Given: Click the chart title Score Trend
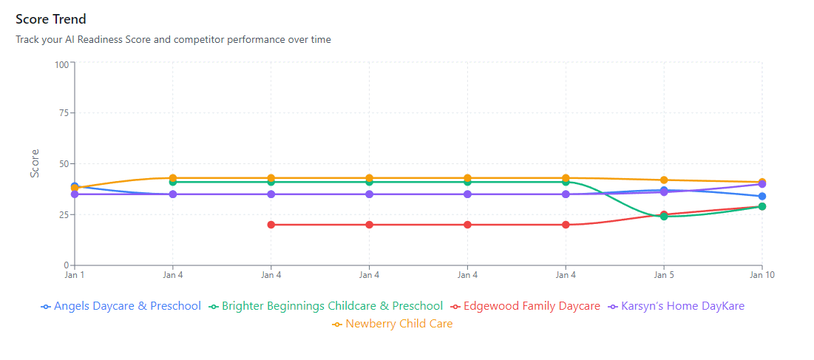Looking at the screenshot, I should coord(51,19).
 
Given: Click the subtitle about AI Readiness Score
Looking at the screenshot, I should coord(173,39).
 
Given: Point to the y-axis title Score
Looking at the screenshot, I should coord(35,163).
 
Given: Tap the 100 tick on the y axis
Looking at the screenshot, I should coord(61,64).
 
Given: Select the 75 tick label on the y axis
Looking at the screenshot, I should coord(64,113).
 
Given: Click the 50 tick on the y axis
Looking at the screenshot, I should coord(64,163).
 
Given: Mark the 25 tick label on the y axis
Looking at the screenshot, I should coord(64,214).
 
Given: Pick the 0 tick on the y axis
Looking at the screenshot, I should coord(66,265).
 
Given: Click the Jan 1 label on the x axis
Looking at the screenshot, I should coord(75,275).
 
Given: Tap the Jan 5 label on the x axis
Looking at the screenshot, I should coord(663,275).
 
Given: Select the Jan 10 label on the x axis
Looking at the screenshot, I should coord(762,275).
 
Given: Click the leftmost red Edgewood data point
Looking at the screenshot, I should coord(271,225).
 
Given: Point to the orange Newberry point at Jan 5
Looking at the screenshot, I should coord(664,180).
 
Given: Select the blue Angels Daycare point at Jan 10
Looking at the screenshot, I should coord(762,197).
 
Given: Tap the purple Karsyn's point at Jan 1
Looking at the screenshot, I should coord(75,194).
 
